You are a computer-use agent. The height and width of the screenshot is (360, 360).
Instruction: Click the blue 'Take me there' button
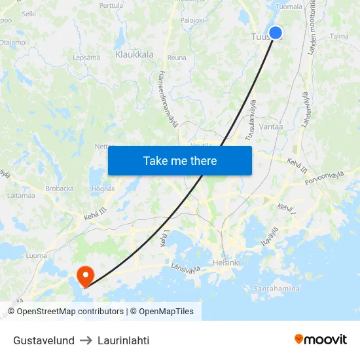pyautogui.click(x=180, y=160)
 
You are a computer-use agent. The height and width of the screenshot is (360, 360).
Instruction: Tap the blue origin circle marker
pyautogui.click(x=275, y=33)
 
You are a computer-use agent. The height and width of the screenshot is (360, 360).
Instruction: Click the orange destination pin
pyautogui.click(x=85, y=276)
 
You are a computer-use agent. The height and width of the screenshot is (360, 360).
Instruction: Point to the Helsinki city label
pyautogui.click(x=227, y=263)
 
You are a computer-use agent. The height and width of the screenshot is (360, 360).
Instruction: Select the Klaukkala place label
pyautogui.click(x=134, y=55)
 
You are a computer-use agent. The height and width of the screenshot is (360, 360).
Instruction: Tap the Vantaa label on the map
pyautogui.click(x=271, y=126)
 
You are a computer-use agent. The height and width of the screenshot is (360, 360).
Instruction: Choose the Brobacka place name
pyautogui.click(x=60, y=189)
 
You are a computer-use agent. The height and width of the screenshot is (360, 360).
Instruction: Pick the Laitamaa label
pyautogui.click(x=20, y=195)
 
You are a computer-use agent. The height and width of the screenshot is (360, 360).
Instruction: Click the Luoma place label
pyautogui.click(x=37, y=256)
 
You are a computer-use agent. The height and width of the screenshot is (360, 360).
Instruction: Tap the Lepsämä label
pyautogui.click(x=86, y=58)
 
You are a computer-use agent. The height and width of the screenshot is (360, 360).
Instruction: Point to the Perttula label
pyautogui.click(x=111, y=5)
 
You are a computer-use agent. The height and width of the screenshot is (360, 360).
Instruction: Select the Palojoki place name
pyautogui.click(x=192, y=20)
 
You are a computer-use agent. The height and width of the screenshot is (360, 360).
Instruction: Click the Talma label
pyautogui.click(x=339, y=37)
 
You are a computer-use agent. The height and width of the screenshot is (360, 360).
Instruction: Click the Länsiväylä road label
pyautogui.click(x=190, y=266)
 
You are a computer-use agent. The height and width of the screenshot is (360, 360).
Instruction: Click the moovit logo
pyautogui.click(x=321, y=340)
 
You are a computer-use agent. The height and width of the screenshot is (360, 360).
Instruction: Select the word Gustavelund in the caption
pyautogui.click(x=44, y=340)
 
